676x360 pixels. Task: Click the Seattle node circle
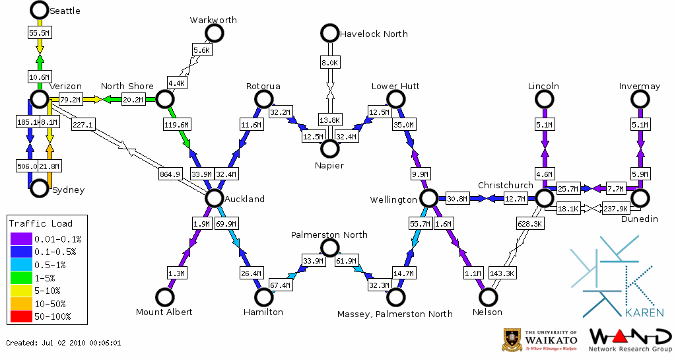click(40, 10)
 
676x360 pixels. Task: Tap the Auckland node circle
click(214, 198)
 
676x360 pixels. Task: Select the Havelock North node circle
click(329, 32)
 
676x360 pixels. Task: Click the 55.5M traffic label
click(40, 32)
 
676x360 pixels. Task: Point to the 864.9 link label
click(170, 174)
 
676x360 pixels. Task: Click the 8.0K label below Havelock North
click(329, 62)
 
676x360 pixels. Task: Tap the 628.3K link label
click(526, 224)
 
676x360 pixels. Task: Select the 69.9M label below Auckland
click(226, 224)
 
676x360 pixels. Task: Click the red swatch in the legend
click(20, 316)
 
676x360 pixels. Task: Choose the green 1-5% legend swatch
click(20, 277)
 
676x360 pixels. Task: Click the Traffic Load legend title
click(41, 223)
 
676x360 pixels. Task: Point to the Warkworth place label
click(213, 20)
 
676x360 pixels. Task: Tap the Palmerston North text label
click(329, 234)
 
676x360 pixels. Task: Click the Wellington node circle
click(429, 198)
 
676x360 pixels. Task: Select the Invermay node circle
click(639, 99)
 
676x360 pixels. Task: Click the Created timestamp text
click(63, 343)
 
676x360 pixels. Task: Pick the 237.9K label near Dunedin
click(615, 209)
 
